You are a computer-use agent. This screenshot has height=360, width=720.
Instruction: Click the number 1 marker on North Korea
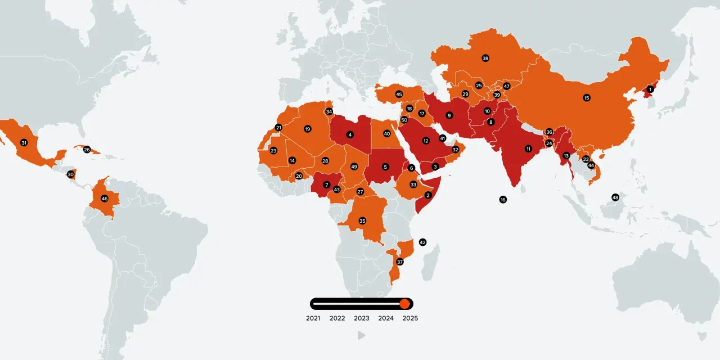(650, 89)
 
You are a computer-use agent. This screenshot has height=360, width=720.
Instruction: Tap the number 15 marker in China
(587, 98)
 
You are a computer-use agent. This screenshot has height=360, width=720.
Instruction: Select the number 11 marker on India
(528, 149)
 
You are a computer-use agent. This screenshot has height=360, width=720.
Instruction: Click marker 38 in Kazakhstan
(485, 58)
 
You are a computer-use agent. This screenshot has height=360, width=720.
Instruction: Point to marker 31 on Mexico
(24, 143)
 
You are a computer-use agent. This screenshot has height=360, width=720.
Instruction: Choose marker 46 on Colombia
(105, 199)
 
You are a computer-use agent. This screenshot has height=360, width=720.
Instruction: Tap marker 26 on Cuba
(87, 150)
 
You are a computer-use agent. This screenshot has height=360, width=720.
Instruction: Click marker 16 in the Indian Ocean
(503, 200)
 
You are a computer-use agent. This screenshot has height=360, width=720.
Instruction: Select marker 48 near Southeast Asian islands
(615, 197)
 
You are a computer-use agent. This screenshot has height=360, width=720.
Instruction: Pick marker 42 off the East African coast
(422, 242)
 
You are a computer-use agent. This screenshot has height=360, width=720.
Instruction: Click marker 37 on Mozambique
(400, 262)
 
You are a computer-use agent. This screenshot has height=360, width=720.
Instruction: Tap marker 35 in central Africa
(362, 221)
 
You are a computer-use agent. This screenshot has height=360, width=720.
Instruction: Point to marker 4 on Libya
(350, 135)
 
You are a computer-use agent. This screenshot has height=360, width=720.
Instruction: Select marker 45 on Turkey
(399, 94)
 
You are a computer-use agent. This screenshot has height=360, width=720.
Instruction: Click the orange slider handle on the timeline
(404, 304)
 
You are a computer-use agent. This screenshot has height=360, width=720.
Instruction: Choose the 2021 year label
(313, 318)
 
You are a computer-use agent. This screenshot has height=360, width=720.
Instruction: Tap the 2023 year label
(362, 318)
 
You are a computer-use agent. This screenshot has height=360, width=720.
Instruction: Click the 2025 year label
(410, 318)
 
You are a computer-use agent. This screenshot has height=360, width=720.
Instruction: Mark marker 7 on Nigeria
(326, 184)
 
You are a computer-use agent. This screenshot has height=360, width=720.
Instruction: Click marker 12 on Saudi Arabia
(426, 141)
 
